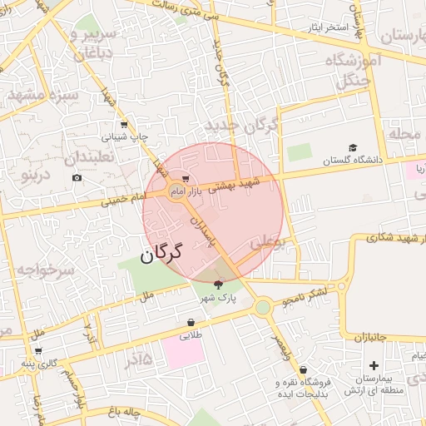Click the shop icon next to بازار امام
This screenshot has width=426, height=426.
click(185, 178)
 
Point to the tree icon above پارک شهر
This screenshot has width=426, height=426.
click(218, 284)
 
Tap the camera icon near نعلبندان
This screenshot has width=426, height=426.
click(77, 177)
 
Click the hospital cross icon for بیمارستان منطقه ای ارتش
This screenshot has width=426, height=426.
click(373, 364)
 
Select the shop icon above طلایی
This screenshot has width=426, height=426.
click(191, 322)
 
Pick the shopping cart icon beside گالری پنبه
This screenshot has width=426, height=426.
click(37, 350)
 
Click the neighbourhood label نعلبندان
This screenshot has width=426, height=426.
click(93, 155)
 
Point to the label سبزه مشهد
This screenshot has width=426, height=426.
click(42, 95)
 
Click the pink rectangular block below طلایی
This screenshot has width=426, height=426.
click(183, 352)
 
